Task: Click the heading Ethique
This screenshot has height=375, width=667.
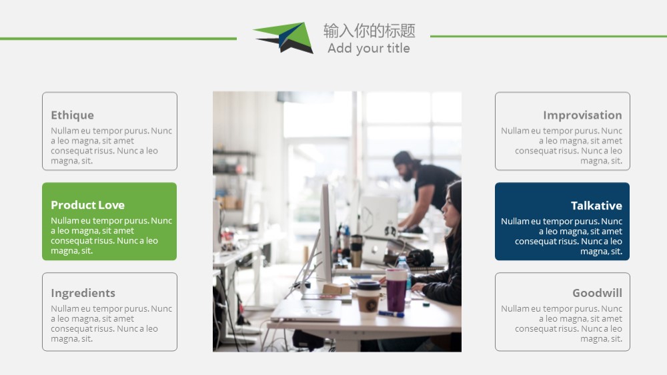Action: pos(72,115)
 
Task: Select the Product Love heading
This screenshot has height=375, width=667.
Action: pos(87,205)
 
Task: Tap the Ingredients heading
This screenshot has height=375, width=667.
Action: pos(83,293)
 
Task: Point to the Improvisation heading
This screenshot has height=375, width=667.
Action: pos(582,115)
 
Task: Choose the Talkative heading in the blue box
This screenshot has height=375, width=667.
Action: pos(596,206)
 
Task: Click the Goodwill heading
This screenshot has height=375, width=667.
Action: pos(597,293)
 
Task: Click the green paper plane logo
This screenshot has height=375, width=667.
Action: pos(283,37)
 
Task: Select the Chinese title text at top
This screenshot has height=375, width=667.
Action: pos(370,31)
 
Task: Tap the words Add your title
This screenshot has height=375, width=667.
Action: pos(369,49)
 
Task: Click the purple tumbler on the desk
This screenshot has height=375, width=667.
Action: pos(396,291)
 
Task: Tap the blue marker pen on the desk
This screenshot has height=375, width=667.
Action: pos(391,314)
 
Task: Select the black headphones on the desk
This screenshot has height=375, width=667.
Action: pos(420,258)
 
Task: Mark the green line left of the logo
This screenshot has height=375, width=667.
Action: pos(118,39)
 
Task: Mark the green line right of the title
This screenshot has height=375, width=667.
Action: pos(548,36)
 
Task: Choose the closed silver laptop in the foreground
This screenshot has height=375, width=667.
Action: pos(306,310)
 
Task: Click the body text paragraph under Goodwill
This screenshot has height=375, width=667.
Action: pos(562,324)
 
